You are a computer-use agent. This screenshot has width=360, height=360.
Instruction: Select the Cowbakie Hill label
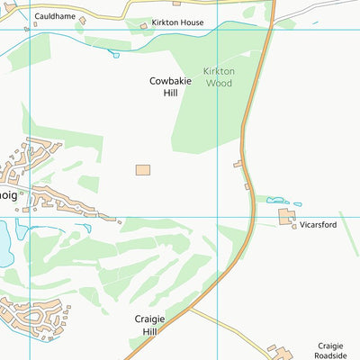coord(166,86)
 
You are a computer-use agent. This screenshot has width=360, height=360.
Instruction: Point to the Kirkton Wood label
coord(218,76)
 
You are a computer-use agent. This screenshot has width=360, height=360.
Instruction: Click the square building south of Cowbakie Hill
coord(143,170)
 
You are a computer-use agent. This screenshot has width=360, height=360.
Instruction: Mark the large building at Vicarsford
coord(286,218)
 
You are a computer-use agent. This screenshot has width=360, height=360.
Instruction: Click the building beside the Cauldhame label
coord(82,19)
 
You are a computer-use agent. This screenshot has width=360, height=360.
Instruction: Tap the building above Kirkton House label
coord(176,4)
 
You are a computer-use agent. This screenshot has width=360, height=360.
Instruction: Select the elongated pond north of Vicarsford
coord(277,201)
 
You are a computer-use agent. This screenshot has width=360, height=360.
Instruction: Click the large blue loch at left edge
coord(5,243)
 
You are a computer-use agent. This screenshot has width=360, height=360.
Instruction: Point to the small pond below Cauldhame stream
coord(114,55)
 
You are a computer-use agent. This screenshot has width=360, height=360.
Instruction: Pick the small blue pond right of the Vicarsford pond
coord(298,203)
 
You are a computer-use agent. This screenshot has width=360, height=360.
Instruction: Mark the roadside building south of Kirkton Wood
coord(238,165)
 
